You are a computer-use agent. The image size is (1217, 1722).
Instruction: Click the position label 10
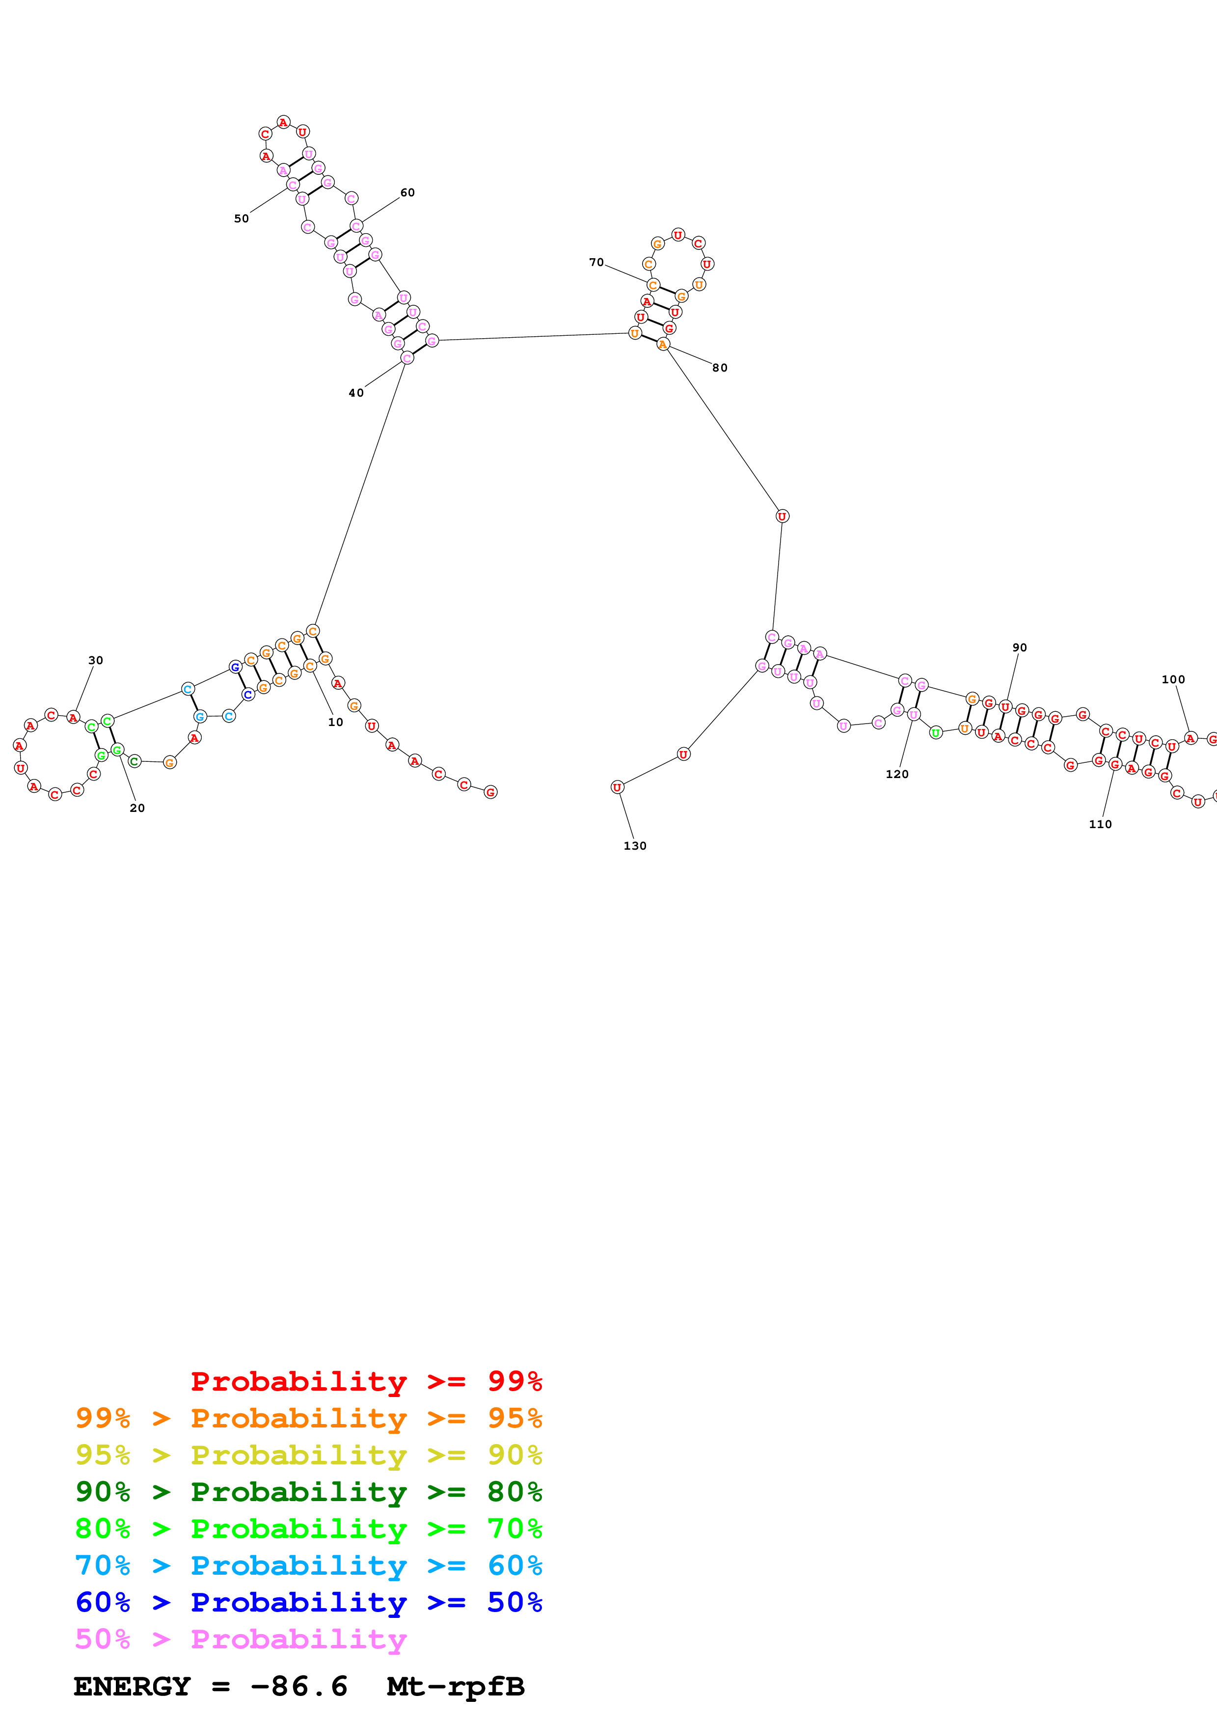tap(335, 722)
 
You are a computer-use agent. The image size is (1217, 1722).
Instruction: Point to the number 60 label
tap(407, 193)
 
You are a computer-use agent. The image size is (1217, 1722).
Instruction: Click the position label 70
tap(596, 263)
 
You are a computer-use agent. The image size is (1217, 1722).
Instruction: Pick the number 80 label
tap(720, 368)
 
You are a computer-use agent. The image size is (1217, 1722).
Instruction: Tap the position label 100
tap(1173, 679)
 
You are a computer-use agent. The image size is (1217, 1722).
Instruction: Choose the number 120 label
tap(897, 774)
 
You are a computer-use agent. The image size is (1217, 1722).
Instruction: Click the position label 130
tap(634, 846)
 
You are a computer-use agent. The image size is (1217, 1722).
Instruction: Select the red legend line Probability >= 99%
tap(366, 1381)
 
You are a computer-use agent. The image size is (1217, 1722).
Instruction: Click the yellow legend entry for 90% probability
tap(308, 1455)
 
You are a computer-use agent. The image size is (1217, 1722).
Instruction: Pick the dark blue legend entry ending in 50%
tap(308, 1602)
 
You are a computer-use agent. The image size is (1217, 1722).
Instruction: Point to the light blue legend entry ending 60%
tap(308, 1565)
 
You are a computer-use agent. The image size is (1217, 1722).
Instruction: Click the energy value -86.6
tap(299, 1687)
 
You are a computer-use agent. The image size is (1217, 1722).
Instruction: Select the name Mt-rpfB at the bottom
tap(455, 1687)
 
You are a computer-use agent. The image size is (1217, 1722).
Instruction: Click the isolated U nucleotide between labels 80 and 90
tap(782, 516)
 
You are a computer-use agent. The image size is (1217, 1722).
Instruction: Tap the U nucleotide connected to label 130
tap(617, 787)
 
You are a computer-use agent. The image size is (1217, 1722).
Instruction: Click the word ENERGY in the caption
tap(132, 1687)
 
